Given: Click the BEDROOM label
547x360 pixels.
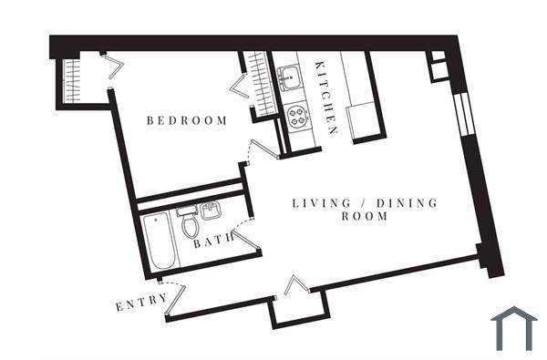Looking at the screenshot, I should (186, 120).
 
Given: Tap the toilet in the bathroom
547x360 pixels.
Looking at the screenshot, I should (190, 224).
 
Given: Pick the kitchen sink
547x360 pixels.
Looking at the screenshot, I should (292, 78).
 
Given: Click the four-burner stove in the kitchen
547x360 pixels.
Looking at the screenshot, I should (296, 116).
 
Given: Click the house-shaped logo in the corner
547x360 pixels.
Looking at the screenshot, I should (515, 328).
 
